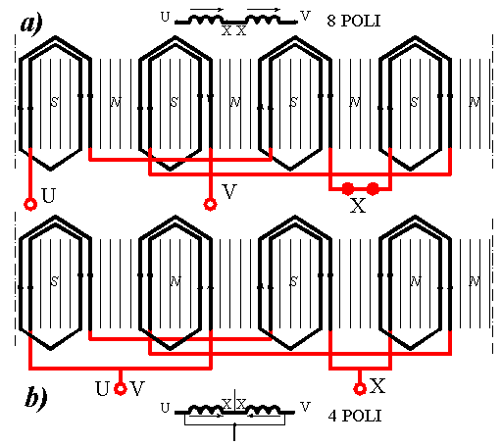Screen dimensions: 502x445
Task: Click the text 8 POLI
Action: tap(354, 21)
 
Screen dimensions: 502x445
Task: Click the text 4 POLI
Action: tap(355, 416)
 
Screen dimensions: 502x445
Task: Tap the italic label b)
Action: tap(36, 396)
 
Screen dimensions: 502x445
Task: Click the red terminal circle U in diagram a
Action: tap(30, 205)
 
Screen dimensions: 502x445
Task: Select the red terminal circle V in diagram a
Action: tap(210, 204)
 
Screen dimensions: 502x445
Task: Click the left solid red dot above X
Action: tap(348, 188)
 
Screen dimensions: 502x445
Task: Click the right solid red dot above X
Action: tap(373, 188)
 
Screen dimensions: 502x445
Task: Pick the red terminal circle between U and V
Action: tap(121, 389)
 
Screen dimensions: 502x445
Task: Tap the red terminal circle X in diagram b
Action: tap(360, 389)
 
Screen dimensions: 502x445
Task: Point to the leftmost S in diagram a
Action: tap(54, 102)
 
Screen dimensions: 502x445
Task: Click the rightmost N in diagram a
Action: tap(475, 102)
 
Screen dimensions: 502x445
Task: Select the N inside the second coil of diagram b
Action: tap(176, 281)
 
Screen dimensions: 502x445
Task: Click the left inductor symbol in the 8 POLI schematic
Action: tap(206, 20)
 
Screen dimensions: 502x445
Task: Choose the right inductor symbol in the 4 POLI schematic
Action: tap(263, 410)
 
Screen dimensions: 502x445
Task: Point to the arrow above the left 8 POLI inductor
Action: tap(207, 9)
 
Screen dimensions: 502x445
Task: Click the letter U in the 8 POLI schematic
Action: tap(166, 17)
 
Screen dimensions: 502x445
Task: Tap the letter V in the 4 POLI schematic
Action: tap(305, 407)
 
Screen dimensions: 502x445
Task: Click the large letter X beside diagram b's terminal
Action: tap(377, 385)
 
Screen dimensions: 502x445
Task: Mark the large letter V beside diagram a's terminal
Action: tap(229, 191)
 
